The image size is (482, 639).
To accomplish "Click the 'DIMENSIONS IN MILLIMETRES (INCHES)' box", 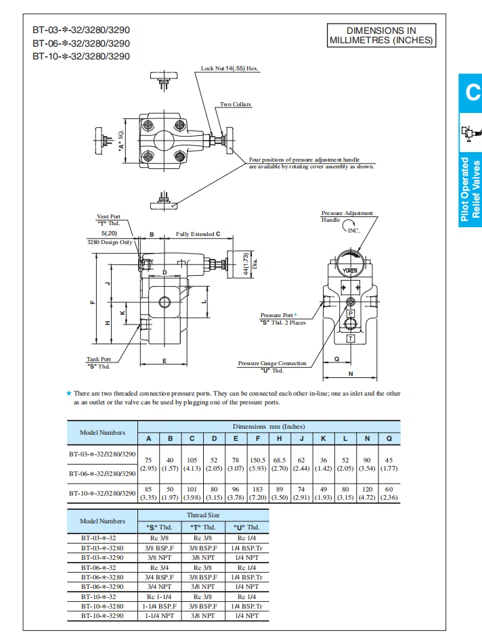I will tap(380, 35).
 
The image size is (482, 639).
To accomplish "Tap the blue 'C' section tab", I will tap(472, 93).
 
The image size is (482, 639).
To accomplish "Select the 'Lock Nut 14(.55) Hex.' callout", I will tap(229, 68).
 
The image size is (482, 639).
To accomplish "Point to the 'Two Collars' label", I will tap(236, 104).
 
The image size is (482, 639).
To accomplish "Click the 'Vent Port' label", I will tap(108, 216).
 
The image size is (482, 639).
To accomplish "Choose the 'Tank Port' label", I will tap(98, 359).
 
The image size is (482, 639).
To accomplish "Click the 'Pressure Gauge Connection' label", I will tap(272, 363).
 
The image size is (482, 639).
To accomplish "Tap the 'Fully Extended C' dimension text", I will tap(198, 234).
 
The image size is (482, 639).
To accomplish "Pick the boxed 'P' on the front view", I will tap(350, 314).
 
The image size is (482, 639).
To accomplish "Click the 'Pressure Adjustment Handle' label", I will tap(346, 216).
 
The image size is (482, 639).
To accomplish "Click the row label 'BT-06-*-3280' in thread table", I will tap(102, 577).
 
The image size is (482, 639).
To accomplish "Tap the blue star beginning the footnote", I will tap(68, 393).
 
